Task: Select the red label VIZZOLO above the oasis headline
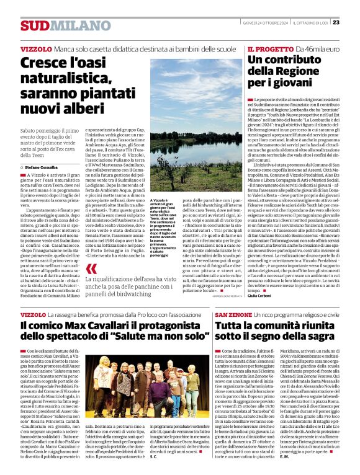(35, 48)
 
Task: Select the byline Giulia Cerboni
(261, 296)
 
